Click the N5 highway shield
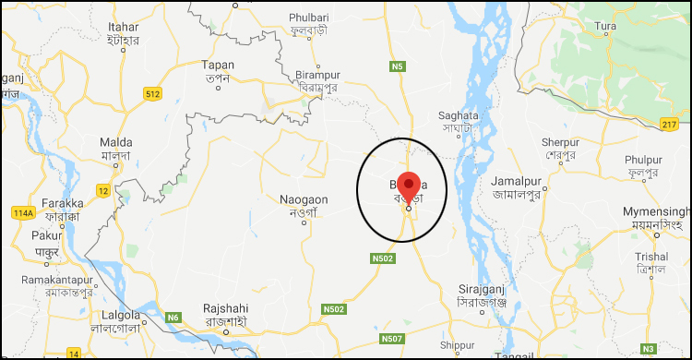point(398,66)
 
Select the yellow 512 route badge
point(153,93)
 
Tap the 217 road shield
point(669,124)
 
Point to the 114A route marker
point(23,214)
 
